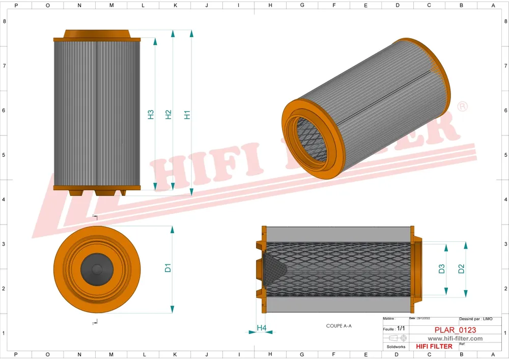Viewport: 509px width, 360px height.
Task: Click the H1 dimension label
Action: (x=187, y=115)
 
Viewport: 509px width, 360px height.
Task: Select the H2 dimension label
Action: (x=168, y=115)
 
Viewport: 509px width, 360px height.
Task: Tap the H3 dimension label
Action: (x=151, y=115)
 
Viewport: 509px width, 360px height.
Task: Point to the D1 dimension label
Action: (x=168, y=267)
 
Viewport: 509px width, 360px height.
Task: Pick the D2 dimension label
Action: (x=461, y=269)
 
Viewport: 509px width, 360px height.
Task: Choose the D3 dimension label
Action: (x=442, y=269)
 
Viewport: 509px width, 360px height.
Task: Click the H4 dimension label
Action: (x=261, y=328)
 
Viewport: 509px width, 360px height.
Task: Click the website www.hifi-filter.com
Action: (x=455, y=338)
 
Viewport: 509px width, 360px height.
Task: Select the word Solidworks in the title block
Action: (x=395, y=346)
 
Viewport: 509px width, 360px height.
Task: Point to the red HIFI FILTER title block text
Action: (x=434, y=346)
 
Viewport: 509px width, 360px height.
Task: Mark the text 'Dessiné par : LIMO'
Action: (x=476, y=318)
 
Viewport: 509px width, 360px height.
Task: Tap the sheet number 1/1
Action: (x=401, y=329)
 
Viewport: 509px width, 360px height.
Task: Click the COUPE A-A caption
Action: (x=339, y=325)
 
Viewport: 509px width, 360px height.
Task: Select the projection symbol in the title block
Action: (x=397, y=338)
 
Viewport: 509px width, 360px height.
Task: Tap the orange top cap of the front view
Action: (x=97, y=34)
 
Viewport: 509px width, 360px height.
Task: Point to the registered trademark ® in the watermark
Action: (x=463, y=107)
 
